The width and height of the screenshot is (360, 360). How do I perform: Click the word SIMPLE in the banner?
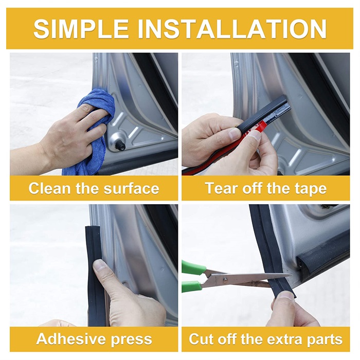81,29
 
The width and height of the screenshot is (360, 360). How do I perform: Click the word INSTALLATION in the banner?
232,29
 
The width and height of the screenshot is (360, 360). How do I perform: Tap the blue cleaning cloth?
92,133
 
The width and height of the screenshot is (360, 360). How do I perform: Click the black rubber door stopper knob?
120,145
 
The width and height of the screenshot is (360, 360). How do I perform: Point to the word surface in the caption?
131,189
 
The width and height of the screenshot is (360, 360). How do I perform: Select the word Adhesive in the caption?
71,338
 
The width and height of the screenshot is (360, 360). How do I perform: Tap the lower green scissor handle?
191,286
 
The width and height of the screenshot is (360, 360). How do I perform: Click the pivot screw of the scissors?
225,279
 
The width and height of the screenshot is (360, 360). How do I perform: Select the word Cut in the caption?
202,338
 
